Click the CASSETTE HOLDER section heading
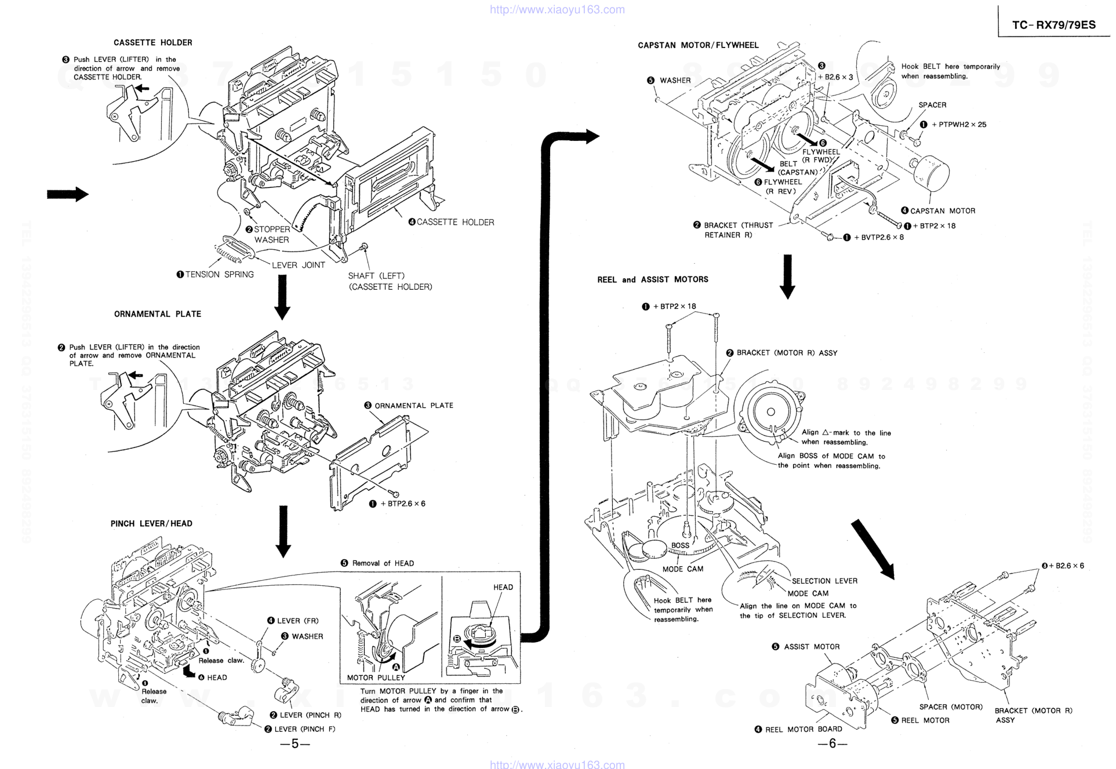(152, 43)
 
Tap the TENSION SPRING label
(219, 275)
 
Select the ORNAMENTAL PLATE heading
(157, 314)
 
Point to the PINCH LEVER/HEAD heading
(151, 524)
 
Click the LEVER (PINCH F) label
(304, 729)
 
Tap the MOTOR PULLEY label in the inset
(376, 677)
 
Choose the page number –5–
(295, 744)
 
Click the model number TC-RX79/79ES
(1054, 25)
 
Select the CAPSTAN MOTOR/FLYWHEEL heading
(698, 45)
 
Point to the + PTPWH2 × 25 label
(958, 125)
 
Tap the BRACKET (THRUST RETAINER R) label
(738, 230)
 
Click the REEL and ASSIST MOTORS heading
(653, 280)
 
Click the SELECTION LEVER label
(824, 581)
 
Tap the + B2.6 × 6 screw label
(1066, 566)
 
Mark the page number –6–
(832, 744)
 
